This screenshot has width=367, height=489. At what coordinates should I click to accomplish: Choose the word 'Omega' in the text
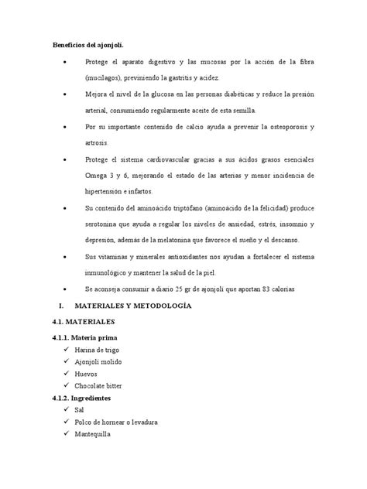point(98,176)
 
